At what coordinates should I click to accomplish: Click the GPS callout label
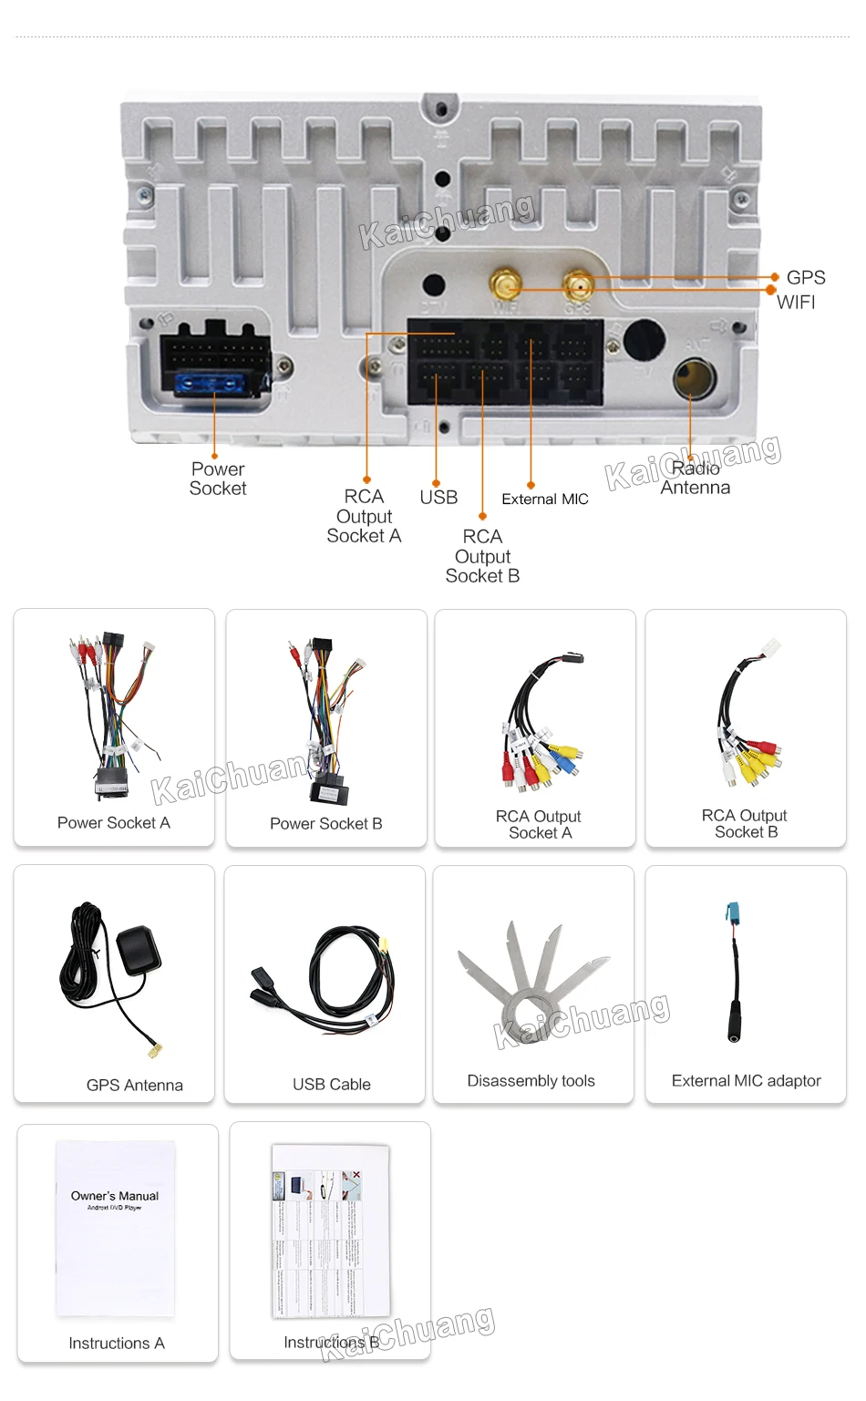805,277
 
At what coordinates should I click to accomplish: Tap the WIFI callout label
796,302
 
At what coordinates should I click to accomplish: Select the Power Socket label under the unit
218,479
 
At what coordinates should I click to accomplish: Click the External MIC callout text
545,499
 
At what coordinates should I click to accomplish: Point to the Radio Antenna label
696,479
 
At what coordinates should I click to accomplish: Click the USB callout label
438,497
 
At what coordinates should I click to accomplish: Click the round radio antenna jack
694,378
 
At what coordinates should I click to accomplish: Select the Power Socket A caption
114,822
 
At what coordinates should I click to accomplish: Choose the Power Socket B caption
326,823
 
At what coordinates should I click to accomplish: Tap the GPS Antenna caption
135,1085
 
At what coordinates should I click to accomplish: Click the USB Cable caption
332,1084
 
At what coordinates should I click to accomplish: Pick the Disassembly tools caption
531,1080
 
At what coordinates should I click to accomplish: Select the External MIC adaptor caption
746,1080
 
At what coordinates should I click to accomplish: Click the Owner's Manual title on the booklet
115,1196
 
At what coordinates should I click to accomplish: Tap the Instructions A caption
117,1343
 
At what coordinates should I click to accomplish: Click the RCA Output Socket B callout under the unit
482,556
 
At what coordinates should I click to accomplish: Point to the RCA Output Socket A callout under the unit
364,516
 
